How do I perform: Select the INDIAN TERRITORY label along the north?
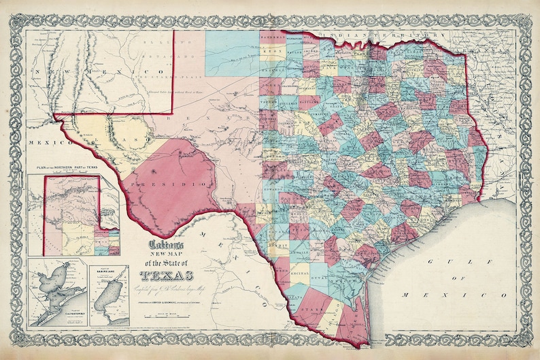381,34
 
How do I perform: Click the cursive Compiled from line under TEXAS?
166,289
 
